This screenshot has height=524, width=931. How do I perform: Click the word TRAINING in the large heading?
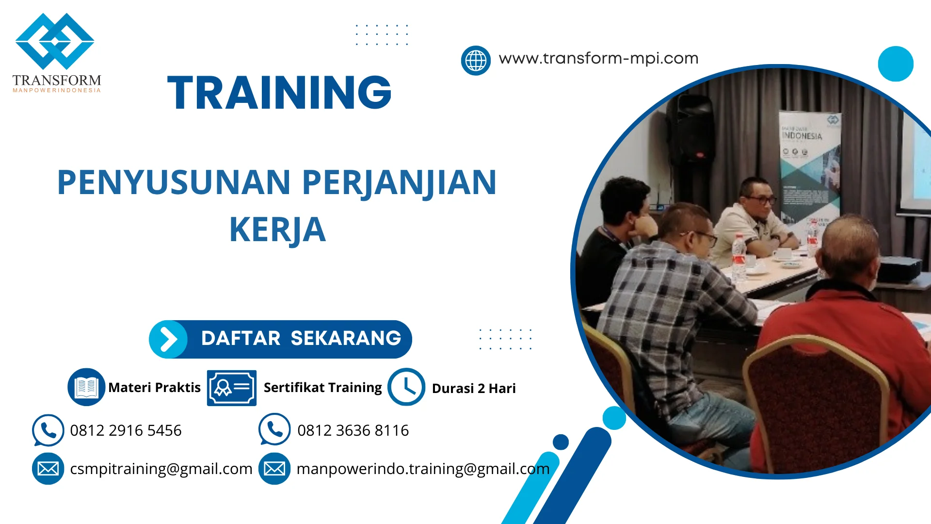point(279,92)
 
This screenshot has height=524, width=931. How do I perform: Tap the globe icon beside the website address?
point(476,61)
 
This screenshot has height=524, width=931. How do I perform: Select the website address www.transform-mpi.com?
point(598,59)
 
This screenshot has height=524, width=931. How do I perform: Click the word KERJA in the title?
point(277,229)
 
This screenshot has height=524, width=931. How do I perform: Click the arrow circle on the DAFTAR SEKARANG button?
point(168,339)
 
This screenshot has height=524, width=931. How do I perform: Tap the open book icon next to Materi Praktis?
point(86,387)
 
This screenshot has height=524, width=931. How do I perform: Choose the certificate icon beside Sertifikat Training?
point(231,388)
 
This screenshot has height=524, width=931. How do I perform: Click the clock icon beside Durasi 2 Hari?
point(406,387)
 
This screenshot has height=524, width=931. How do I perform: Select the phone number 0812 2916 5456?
point(126,430)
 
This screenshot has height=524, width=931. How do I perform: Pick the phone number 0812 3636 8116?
point(353,430)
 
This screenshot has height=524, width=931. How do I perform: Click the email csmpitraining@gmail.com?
point(161,469)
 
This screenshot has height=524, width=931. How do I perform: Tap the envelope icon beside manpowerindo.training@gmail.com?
point(274,469)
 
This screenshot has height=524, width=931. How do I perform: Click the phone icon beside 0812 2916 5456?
point(48,430)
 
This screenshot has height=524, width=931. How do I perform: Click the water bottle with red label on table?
point(738,257)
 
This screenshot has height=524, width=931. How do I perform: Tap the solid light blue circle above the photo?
point(895,64)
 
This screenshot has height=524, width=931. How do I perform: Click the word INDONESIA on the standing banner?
point(802,136)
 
